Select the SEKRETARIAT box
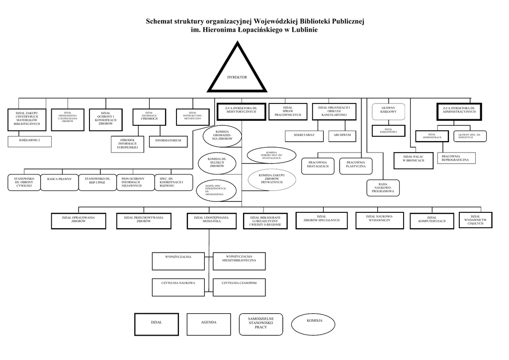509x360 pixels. pos(304,135)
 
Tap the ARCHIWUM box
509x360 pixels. pos(342,135)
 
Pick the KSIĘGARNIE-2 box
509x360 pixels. pos(29,141)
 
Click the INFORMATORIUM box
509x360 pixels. pos(168,141)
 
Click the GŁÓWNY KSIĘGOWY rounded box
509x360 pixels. pos(388,111)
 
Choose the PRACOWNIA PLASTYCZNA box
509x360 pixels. pos(356,166)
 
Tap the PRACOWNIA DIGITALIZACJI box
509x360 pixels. pos(318,166)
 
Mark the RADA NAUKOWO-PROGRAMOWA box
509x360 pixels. pos(383,188)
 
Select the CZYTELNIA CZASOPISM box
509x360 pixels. pos(239,287)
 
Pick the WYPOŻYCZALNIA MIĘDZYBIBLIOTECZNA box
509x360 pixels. pos(239,260)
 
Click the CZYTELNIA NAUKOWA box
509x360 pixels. pos(178,287)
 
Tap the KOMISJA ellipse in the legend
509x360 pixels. pos(315,324)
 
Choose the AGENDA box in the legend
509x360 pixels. pos(208,325)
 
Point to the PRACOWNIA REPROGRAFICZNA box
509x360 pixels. pos(455,158)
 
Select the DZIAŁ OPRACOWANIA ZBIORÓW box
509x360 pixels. pos(79,220)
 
